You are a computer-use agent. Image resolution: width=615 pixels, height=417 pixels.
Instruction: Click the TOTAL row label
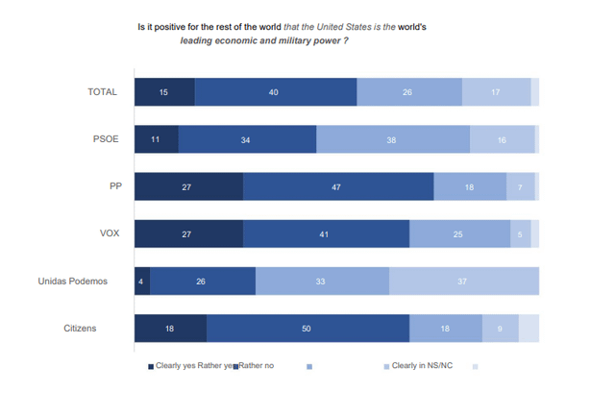[x=102, y=92]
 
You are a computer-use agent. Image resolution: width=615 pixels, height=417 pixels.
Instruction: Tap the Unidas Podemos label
[x=73, y=282]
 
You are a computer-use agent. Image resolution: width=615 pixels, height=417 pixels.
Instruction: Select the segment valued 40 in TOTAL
[x=275, y=92]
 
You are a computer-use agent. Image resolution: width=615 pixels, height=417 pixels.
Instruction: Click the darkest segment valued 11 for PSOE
[x=156, y=139]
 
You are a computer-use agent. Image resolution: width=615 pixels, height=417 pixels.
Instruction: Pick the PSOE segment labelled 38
[x=392, y=139]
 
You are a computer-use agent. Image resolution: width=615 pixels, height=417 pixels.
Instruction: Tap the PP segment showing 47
[x=337, y=186]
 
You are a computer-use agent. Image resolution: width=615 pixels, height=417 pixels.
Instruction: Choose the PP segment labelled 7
[x=520, y=186]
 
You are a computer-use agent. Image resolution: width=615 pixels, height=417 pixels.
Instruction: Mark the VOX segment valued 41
[x=326, y=233]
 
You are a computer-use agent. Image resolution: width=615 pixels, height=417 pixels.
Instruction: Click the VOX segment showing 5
[x=520, y=233]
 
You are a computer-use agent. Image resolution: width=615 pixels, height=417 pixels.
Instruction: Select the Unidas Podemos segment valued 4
[x=142, y=282]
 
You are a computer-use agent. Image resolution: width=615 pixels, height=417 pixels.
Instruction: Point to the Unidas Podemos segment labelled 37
[x=463, y=282]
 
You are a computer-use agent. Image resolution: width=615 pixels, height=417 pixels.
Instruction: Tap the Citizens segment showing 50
[x=307, y=329]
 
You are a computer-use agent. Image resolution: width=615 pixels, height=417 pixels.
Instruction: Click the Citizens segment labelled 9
[x=500, y=329]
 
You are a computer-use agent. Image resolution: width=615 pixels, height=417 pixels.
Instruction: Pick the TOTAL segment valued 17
[x=496, y=92]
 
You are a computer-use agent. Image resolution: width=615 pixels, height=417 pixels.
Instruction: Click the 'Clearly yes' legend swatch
[x=150, y=366]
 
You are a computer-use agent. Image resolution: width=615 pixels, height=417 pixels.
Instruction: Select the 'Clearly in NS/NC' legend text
[x=422, y=366]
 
